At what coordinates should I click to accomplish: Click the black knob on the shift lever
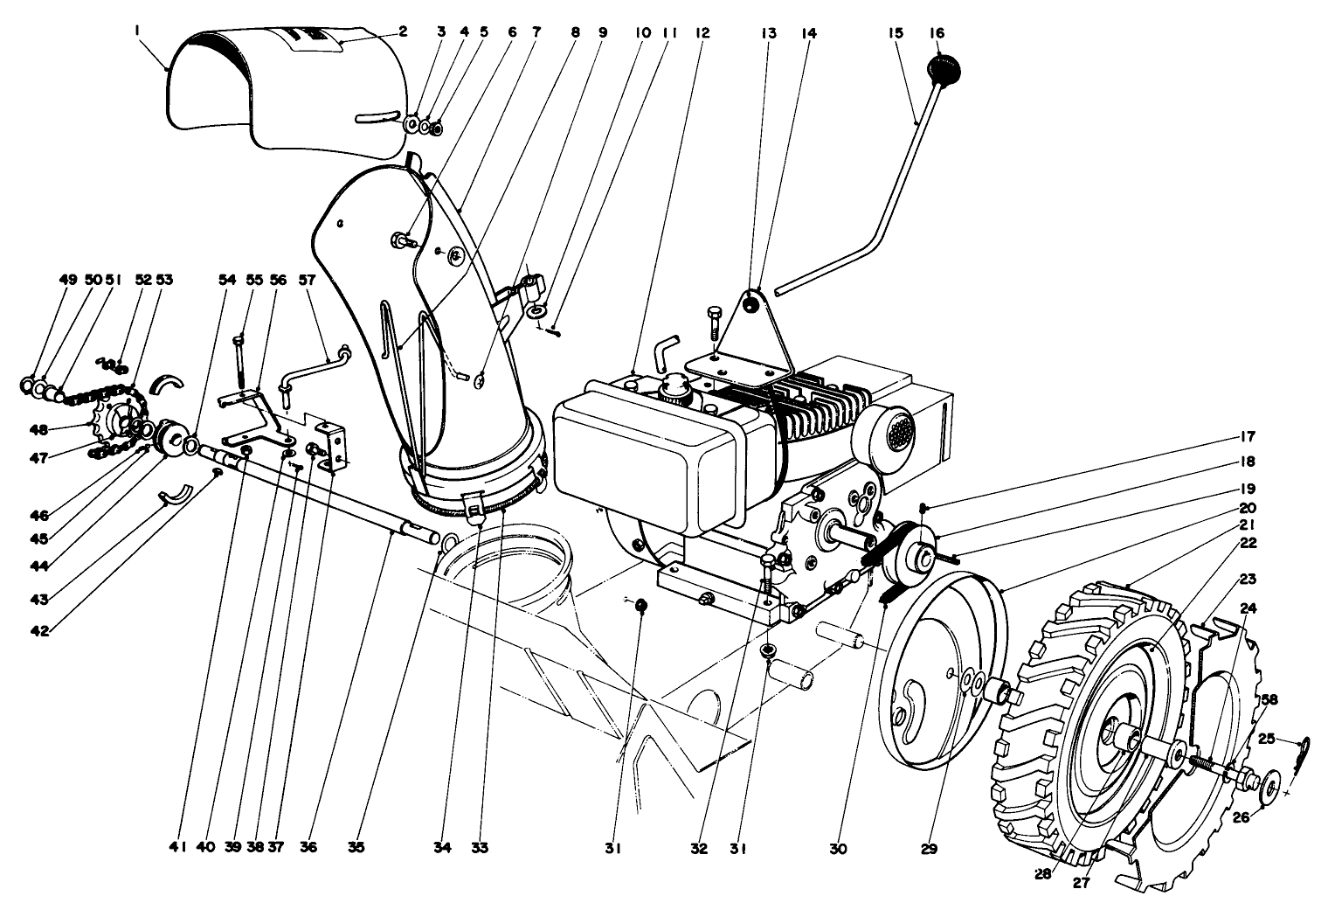(943, 67)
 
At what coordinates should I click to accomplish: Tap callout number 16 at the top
(937, 33)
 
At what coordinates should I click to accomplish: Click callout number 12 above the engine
(702, 33)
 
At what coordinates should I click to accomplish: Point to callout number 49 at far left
(68, 281)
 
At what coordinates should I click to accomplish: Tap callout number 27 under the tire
(1082, 882)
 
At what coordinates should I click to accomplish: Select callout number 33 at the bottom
(480, 847)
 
